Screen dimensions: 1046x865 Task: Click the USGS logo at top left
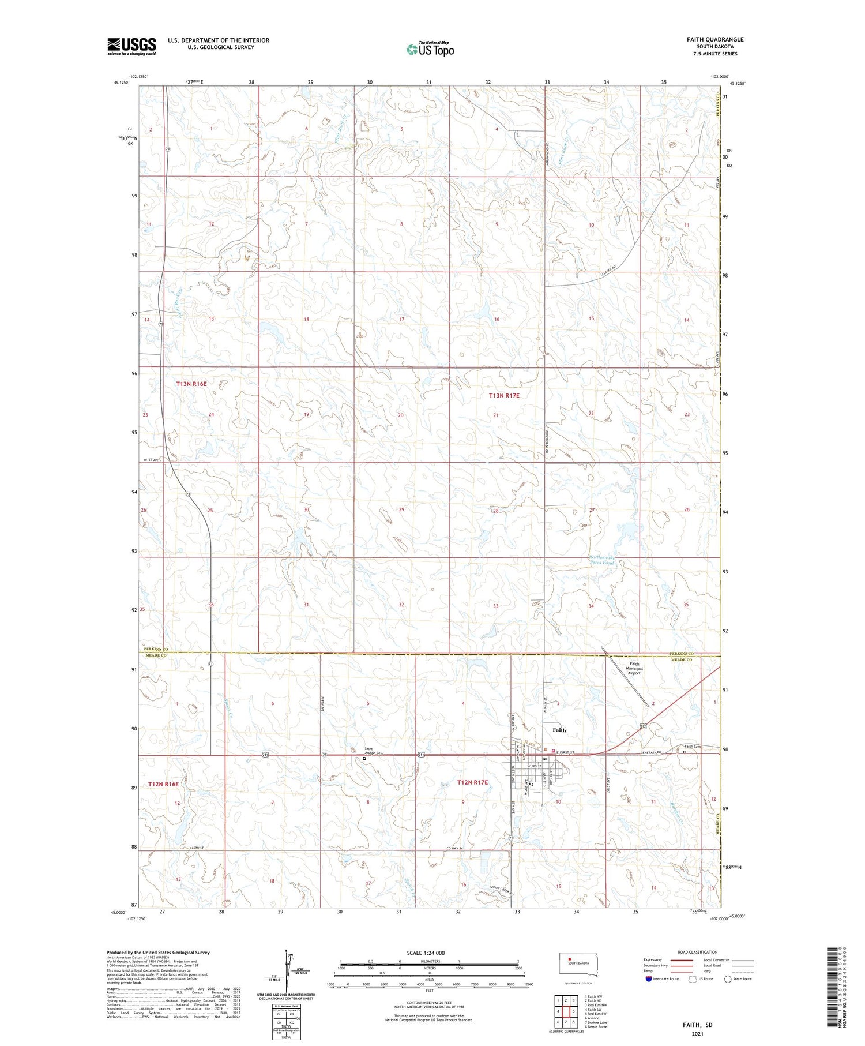click(131, 46)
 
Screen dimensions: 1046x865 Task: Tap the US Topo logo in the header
click(430, 50)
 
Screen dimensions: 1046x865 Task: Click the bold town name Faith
click(559, 730)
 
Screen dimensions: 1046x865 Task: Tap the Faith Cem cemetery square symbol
click(685, 752)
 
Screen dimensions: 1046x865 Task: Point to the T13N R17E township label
click(504, 396)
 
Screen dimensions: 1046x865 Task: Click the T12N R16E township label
click(163, 784)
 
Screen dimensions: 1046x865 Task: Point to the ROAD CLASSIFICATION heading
click(698, 952)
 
